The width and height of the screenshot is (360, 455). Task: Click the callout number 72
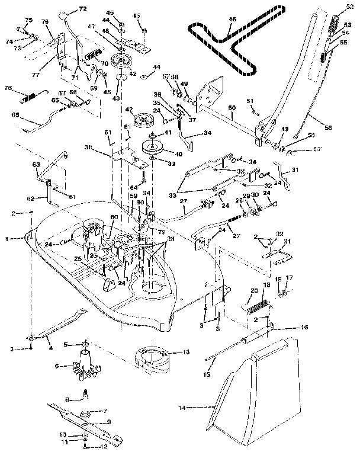point(82,9)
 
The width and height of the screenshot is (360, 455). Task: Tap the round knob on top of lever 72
point(63,15)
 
